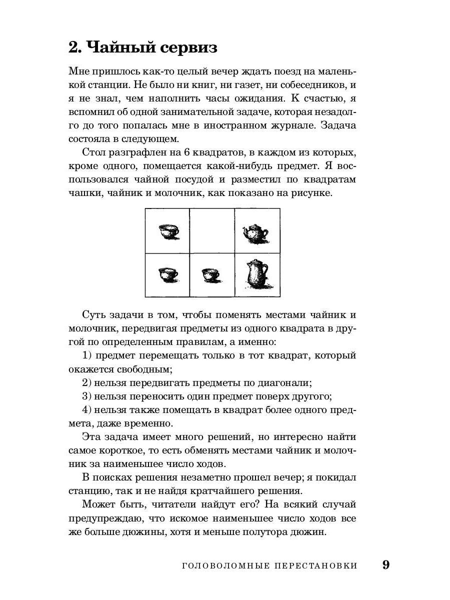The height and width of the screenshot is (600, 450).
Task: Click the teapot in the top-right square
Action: [x=256, y=232]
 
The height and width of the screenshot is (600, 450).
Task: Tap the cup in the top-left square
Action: [x=169, y=231]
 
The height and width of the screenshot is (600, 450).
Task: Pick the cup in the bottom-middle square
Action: [x=210, y=274]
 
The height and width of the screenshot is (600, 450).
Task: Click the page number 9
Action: [x=385, y=565]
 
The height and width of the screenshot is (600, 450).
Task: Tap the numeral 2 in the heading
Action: [x=74, y=48]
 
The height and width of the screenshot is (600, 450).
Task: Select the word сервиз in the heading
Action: [x=189, y=48]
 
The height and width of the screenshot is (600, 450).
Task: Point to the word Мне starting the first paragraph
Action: [x=78, y=71]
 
